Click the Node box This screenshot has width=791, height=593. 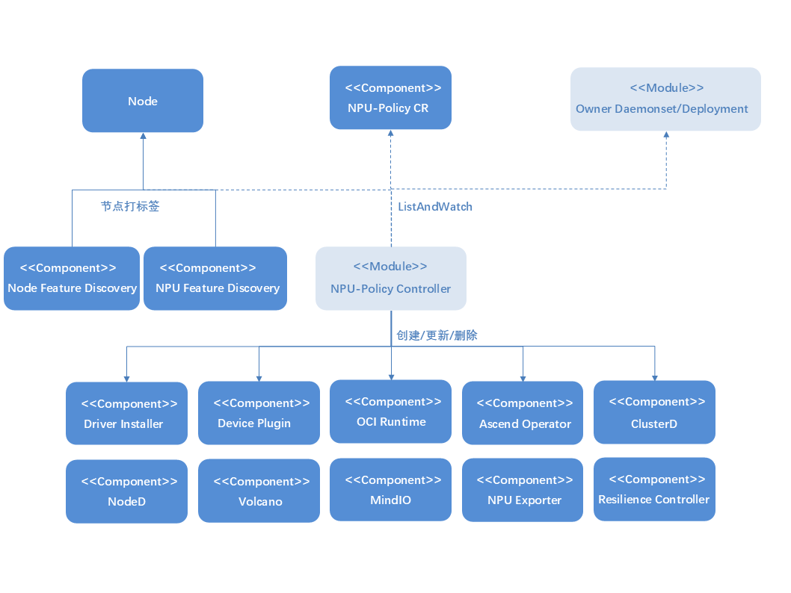point(143,101)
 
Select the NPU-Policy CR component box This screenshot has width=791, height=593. point(390,98)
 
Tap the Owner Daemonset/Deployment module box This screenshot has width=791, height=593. point(665,99)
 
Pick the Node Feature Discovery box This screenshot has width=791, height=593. point(72,279)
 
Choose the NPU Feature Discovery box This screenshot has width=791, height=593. point(215,279)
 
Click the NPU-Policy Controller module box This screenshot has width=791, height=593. point(391,279)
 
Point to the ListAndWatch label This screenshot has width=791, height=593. point(435,207)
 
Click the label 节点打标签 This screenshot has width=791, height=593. point(130,206)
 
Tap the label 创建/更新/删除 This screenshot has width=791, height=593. point(437,336)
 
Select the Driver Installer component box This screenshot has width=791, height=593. point(126,415)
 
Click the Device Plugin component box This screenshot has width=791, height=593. point(259,414)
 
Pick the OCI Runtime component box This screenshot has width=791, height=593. point(391,412)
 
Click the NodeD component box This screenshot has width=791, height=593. point(126,491)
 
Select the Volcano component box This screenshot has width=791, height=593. point(259,491)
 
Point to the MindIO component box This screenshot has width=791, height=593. point(391,490)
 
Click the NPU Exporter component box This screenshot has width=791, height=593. point(523,491)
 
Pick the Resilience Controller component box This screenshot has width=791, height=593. point(654,489)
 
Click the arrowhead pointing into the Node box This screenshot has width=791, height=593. point(143,137)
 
